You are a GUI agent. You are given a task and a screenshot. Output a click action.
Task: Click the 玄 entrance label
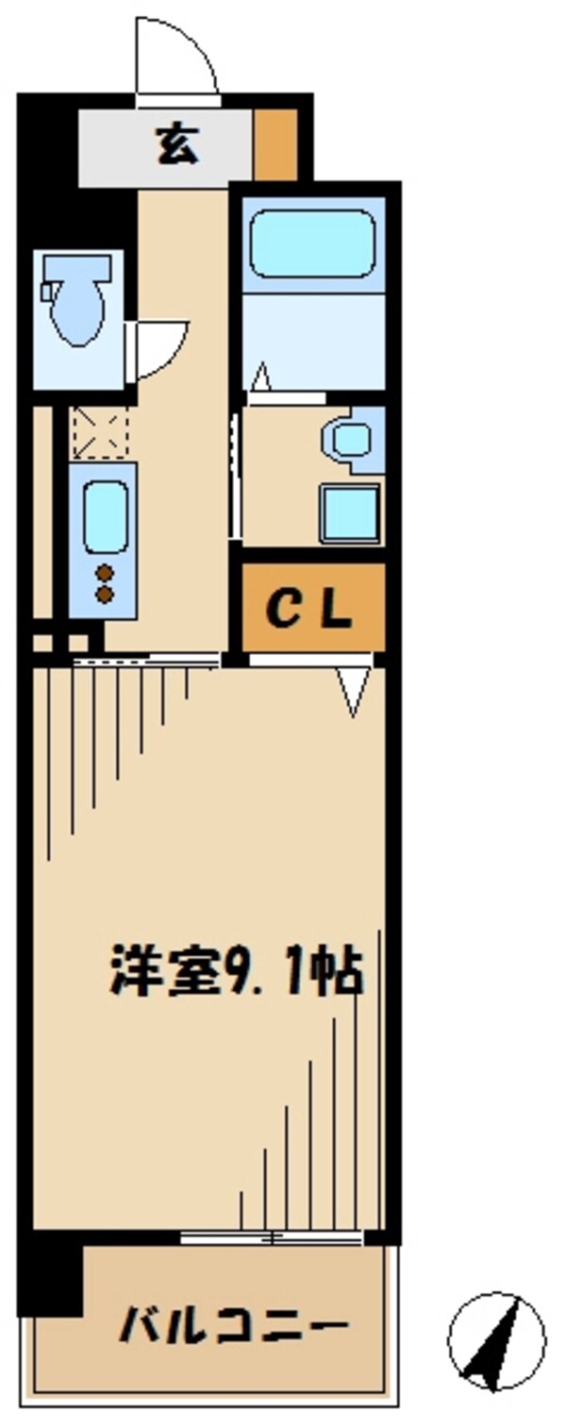coord(176,146)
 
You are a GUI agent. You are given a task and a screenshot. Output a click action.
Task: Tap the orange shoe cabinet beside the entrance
coord(275,144)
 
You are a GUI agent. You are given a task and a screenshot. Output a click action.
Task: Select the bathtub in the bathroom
coord(312,243)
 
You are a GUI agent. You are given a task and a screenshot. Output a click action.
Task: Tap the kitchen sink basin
coord(104,515)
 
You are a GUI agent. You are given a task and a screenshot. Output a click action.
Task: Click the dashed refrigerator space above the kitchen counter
coord(99,431)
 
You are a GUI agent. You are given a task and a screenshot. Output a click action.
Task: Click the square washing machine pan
coord(350,512)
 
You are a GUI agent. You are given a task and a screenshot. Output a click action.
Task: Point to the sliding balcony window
coord(272,1235)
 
